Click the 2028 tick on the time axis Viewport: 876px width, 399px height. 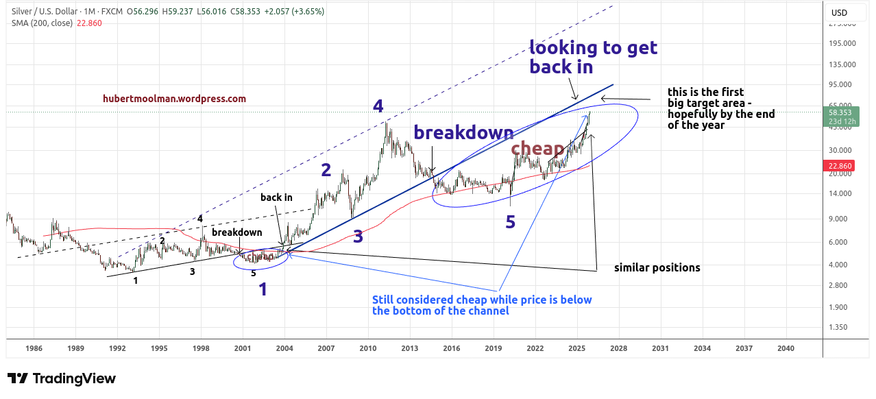[618, 348]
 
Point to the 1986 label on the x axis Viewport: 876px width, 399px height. [34, 348]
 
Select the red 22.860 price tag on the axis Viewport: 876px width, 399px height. [840, 166]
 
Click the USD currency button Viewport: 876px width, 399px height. [839, 12]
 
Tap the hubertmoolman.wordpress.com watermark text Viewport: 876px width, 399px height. [174, 99]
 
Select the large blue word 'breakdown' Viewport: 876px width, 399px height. [463, 132]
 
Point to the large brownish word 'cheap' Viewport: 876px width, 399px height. [537, 148]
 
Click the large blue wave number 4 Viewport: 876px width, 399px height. [378, 106]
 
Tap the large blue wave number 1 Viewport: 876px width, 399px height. [263, 289]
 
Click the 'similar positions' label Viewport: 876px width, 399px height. [657, 267]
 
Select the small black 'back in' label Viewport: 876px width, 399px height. [276, 197]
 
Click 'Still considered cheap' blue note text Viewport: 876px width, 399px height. [481, 305]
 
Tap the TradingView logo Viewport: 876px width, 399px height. [62, 378]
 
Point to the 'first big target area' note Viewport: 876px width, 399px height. [720, 108]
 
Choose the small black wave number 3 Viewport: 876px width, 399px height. [192, 271]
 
